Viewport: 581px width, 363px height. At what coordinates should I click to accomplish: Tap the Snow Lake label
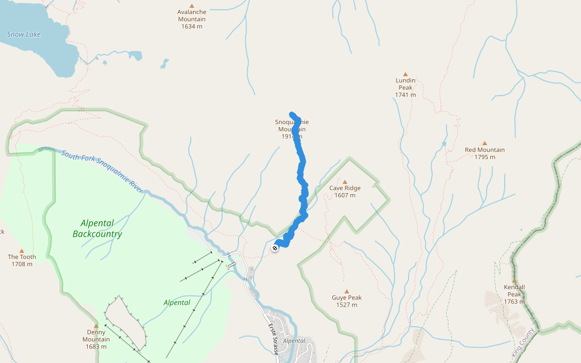tap(24, 34)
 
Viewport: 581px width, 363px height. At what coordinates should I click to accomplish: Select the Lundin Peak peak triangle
tap(405, 74)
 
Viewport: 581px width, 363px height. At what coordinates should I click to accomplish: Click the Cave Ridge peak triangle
tap(345, 181)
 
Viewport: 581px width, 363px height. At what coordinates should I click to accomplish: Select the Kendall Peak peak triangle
tap(514, 281)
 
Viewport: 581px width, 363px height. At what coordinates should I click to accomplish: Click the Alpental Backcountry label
tap(97, 229)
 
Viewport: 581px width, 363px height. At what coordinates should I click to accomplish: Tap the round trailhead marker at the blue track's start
tap(276, 247)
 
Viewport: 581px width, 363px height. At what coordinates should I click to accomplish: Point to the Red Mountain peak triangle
tap(484, 143)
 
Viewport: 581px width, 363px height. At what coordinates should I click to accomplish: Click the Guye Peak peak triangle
tap(346, 291)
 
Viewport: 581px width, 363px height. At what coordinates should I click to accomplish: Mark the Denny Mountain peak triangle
tap(96, 325)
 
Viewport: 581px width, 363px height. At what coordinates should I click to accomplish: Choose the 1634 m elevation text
tap(191, 27)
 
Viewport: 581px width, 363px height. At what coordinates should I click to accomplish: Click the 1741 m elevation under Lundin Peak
tap(405, 95)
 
